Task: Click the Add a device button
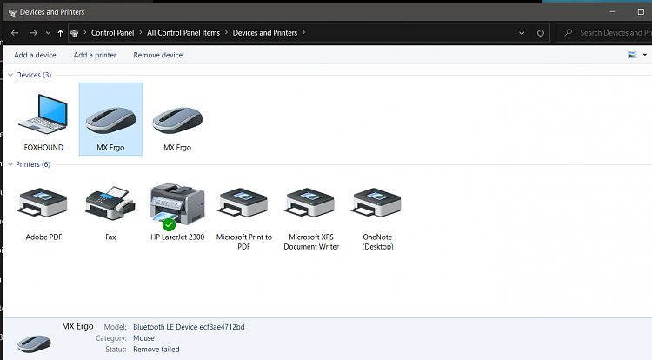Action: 35,55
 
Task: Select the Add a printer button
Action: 95,55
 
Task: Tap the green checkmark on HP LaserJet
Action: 169,223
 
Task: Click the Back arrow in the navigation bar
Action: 16,33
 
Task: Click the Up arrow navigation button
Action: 60,33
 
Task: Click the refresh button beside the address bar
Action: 541,33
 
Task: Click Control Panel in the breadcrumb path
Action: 113,33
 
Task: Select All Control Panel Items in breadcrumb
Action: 184,33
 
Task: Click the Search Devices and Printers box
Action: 609,33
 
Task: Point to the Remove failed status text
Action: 156,349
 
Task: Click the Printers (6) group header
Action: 33,164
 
